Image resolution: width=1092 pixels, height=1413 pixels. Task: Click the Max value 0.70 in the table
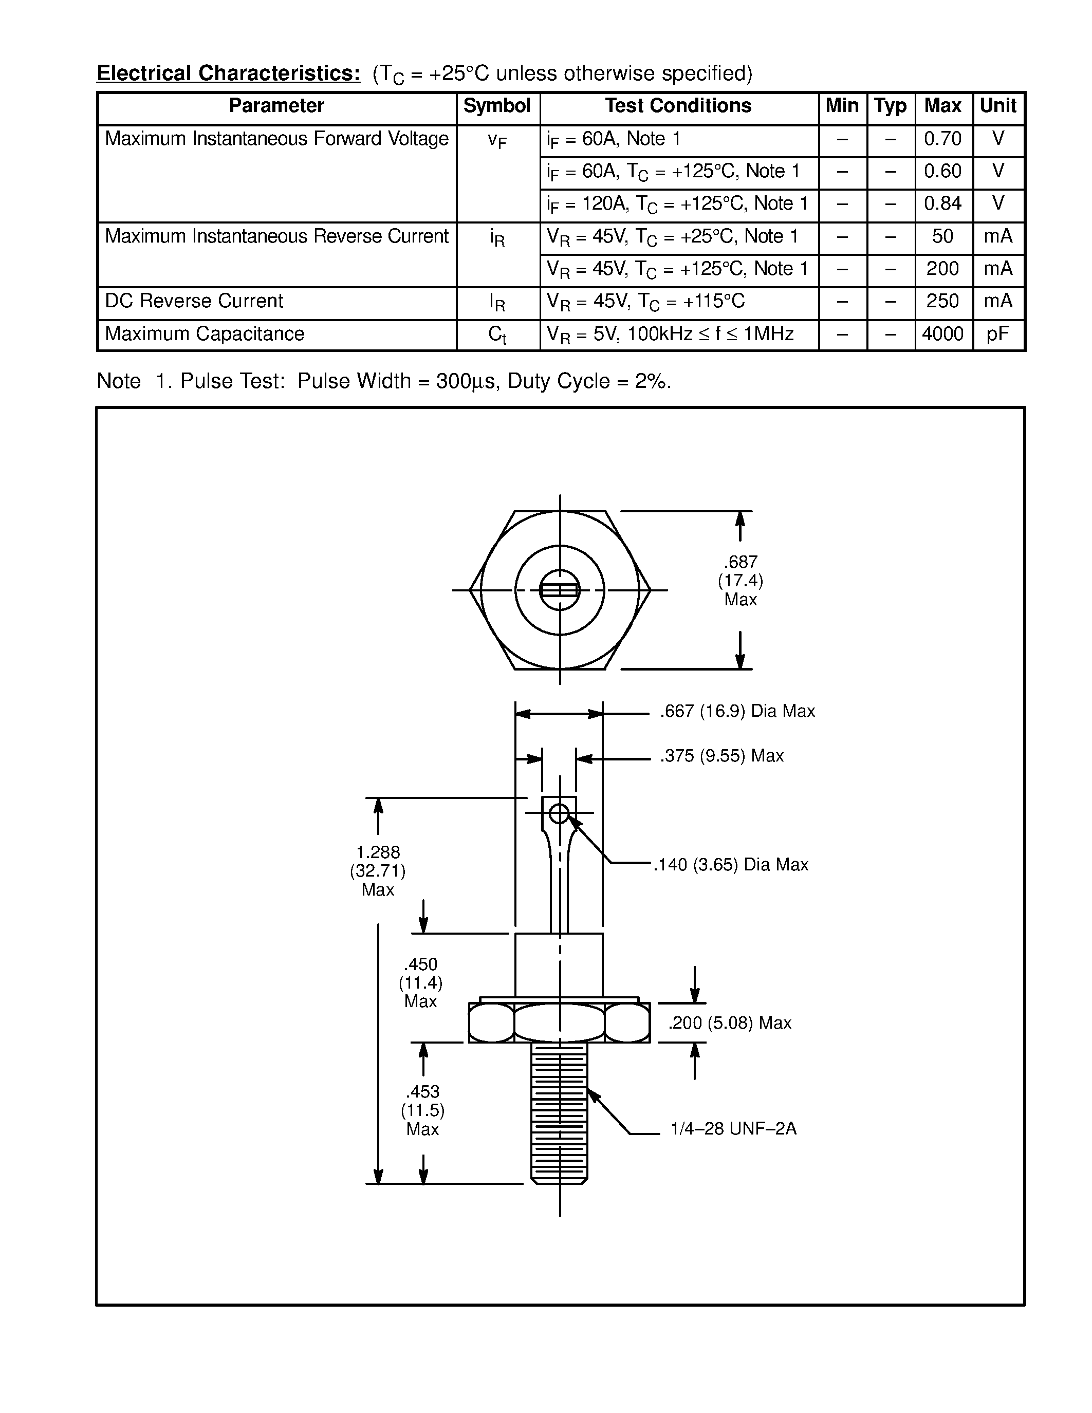click(x=942, y=139)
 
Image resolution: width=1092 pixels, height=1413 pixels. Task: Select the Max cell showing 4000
click(x=942, y=334)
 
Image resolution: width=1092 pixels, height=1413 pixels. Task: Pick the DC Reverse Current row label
click(x=194, y=302)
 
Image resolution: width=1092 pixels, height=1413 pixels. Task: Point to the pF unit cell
click(x=997, y=334)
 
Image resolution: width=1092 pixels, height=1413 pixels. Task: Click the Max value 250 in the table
click(x=942, y=302)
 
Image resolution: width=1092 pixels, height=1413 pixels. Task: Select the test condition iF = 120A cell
click(x=677, y=204)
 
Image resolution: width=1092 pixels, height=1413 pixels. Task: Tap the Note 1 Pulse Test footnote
click(x=384, y=381)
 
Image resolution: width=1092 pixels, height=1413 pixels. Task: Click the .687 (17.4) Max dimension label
click(x=740, y=580)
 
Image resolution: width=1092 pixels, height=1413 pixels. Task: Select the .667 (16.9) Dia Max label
click(x=737, y=711)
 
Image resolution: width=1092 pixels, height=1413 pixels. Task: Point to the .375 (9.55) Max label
click(x=721, y=756)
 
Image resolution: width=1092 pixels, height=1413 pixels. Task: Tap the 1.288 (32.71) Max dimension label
click(x=378, y=871)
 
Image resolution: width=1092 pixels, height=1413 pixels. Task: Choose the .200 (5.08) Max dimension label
click(x=729, y=1023)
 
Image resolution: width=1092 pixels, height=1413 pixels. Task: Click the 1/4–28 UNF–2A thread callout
click(x=733, y=1129)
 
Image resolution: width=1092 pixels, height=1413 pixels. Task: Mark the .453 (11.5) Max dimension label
click(x=422, y=1111)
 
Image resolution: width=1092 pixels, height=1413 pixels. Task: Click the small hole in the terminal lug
click(x=559, y=813)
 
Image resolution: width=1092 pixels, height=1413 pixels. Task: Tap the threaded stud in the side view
click(x=559, y=1113)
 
